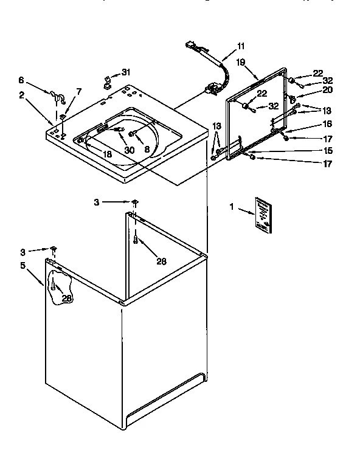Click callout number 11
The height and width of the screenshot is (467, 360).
tap(241, 46)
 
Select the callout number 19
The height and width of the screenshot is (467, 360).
tap(241, 62)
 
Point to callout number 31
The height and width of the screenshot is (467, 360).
tap(126, 71)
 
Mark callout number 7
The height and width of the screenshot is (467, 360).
tap(78, 91)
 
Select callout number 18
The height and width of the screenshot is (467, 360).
tap(107, 154)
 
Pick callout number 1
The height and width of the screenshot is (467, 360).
tap(232, 207)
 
